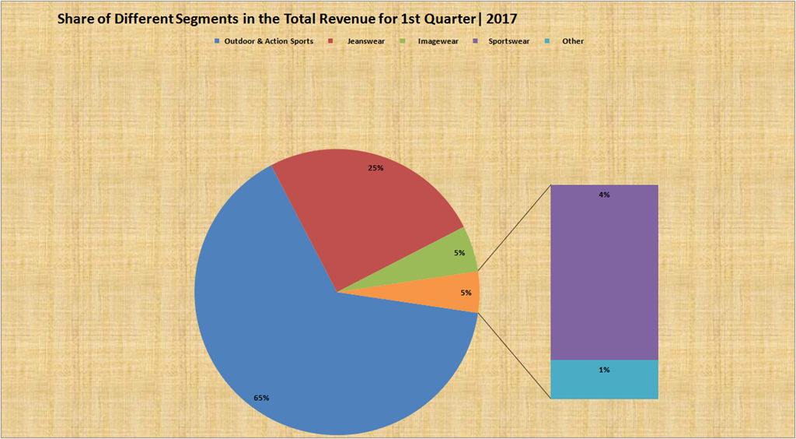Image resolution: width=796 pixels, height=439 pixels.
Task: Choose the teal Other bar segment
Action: [x=604, y=380]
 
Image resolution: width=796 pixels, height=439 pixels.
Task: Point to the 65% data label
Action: [x=261, y=398]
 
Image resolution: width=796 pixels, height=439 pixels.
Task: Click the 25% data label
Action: [x=375, y=167]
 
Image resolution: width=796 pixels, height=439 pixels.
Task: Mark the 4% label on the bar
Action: [x=604, y=195]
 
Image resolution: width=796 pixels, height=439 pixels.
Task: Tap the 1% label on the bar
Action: [x=604, y=370]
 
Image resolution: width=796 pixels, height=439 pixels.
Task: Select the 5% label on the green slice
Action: [x=459, y=252]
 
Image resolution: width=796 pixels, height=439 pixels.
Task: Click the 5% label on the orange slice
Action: [x=466, y=293]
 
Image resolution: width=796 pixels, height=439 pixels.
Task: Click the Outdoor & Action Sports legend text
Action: [x=269, y=40]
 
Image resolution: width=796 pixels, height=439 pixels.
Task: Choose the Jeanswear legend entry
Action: [x=366, y=40]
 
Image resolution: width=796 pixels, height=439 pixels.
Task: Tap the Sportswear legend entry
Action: [x=509, y=40]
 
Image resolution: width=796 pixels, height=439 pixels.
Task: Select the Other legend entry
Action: [x=573, y=40]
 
